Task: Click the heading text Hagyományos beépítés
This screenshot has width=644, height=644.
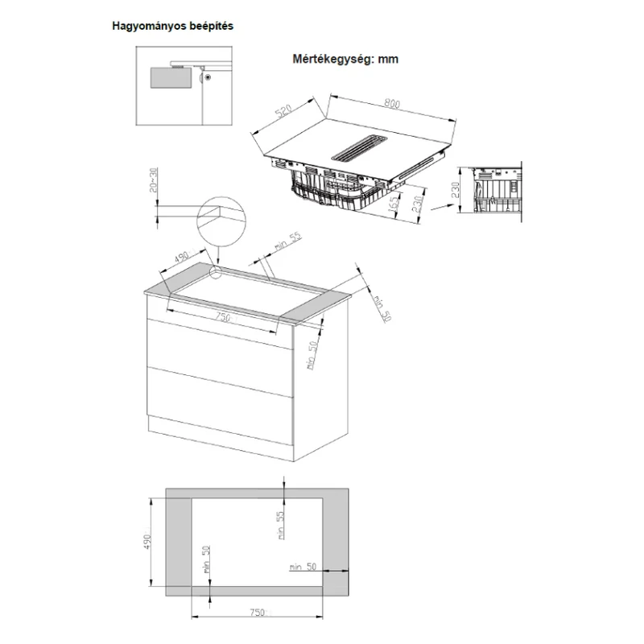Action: [x=172, y=27]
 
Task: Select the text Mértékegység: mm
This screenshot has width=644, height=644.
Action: [x=345, y=59]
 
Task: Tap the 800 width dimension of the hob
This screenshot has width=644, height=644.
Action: [x=392, y=104]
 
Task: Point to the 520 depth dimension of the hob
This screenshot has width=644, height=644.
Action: [x=284, y=111]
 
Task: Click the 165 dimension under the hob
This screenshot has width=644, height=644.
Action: [x=393, y=204]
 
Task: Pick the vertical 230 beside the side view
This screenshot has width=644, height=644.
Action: [x=456, y=190]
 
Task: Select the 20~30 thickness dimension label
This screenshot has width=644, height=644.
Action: [x=153, y=180]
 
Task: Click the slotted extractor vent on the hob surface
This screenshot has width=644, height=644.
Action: [x=359, y=147]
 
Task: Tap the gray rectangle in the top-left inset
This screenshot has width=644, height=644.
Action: [x=171, y=77]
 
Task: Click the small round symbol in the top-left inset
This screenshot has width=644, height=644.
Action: [x=208, y=77]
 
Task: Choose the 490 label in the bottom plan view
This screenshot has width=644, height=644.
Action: [x=148, y=542]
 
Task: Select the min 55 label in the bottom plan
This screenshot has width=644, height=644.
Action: [x=280, y=525]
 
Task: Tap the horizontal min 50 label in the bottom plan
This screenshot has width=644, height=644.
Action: [x=303, y=567]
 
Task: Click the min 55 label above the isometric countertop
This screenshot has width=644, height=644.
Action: [x=288, y=242]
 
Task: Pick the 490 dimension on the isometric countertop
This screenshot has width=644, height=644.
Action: [x=182, y=257]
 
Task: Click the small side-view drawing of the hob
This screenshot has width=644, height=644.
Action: [x=497, y=191]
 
